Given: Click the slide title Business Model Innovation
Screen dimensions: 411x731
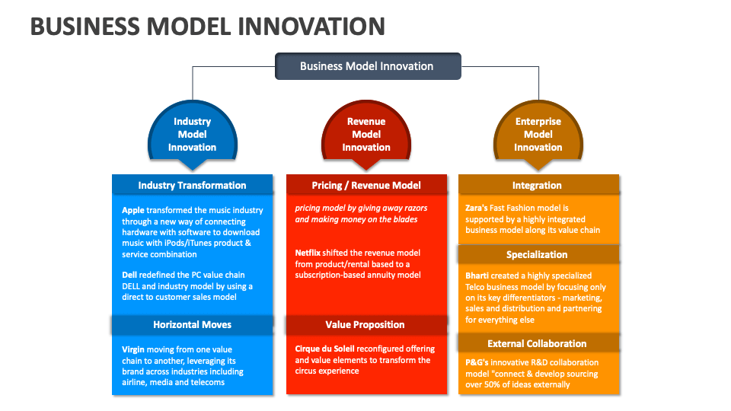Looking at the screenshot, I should point(207,26).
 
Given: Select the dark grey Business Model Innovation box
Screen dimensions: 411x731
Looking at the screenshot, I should point(367,66).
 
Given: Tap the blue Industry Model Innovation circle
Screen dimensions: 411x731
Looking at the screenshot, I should point(192,134).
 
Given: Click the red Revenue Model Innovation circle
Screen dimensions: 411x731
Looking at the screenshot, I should point(366,134).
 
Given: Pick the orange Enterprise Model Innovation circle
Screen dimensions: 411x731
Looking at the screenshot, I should point(538,134).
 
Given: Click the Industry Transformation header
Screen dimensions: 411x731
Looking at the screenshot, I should point(192,185).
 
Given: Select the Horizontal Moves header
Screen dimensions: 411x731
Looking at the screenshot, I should point(192,324).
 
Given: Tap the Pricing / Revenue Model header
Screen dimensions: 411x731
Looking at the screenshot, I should point(366,185).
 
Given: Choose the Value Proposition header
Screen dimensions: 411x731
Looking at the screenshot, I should point(365,324).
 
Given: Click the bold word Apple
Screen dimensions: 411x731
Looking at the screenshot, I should point(133,210).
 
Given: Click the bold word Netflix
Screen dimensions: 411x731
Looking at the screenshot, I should point(309,253).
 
